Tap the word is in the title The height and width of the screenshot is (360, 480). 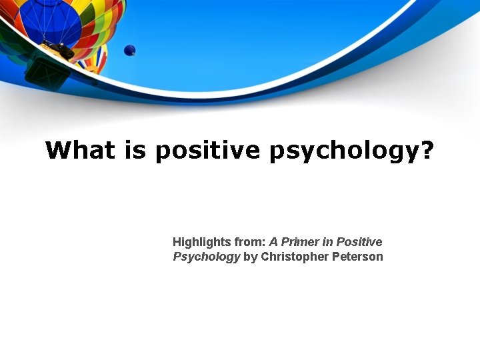135,150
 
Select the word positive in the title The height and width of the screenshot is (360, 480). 207,151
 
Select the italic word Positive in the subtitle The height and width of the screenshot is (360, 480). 359,242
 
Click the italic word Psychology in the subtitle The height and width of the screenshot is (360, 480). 206,257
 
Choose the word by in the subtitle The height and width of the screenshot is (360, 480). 250,257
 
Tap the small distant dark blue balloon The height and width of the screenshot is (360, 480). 129,50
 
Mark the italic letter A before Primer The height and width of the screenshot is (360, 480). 273,242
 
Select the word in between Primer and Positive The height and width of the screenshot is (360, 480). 328,242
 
